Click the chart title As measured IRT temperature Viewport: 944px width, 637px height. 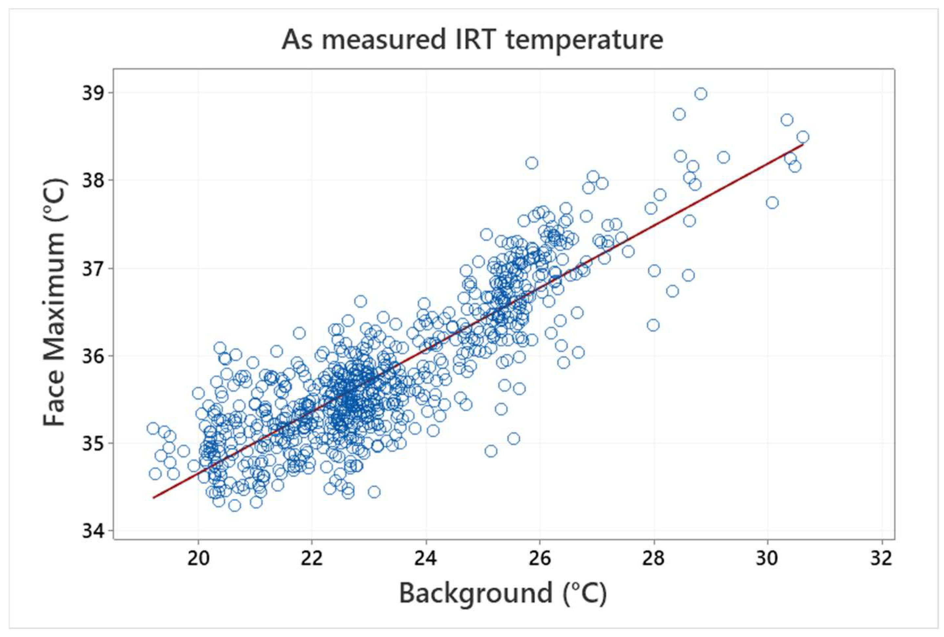click(472, 40)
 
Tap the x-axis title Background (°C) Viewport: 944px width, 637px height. click(503, 593)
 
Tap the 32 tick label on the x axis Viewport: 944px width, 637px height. click(881, 559)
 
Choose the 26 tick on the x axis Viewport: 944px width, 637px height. click(540, 559)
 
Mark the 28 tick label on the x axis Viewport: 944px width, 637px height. click(654, 559)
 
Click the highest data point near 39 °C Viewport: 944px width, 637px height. click(701, 94)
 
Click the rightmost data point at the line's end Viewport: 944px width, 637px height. click(803, 137)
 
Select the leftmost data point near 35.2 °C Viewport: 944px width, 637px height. click(153, 428)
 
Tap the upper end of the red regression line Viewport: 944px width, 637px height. click(803, 144)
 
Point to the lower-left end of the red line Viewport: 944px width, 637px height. click(153, 497)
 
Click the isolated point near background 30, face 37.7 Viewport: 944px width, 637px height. click(772, 203)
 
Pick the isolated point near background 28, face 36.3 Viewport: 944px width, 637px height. click(653, 325)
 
